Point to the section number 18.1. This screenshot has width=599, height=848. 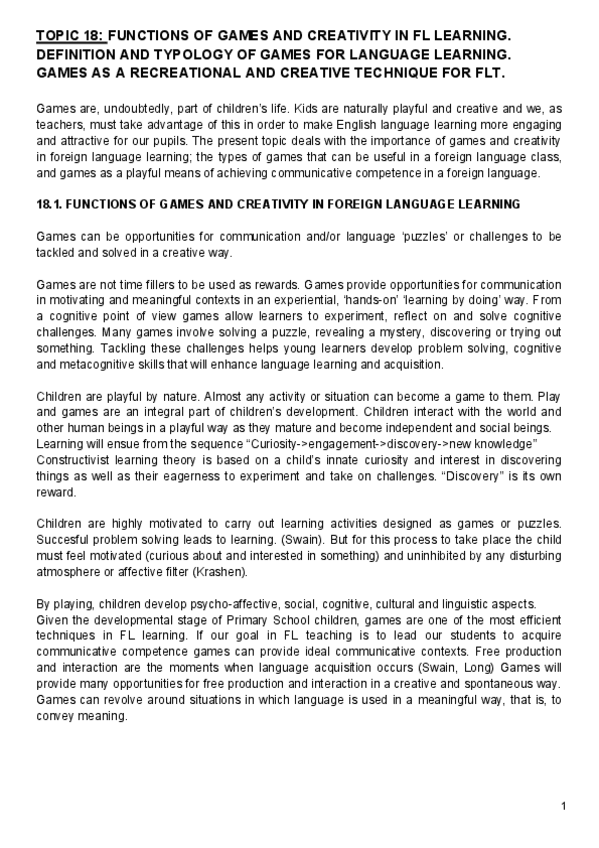[50, 205]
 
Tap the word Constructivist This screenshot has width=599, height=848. [74, 457]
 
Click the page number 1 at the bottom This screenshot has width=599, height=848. [564, 806]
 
